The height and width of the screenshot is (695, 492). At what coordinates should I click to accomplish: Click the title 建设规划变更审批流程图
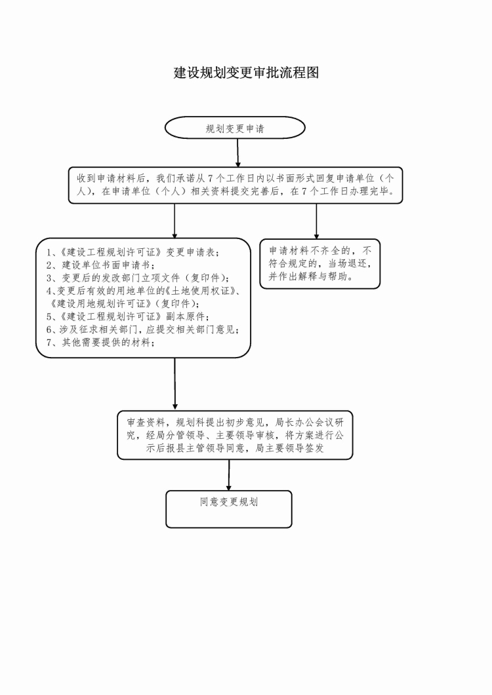[x=246, y=72]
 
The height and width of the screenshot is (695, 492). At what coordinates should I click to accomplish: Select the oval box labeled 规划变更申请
[x=235, y=128]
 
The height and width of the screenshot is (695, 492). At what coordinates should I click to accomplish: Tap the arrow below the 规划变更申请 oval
[x=237, y=153]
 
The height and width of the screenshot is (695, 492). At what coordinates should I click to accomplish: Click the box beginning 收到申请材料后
[x=236, y=185]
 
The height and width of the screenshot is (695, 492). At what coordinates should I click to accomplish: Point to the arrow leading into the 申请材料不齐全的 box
[x=316, y=221]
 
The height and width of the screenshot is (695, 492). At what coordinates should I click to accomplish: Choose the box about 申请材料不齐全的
[x=319, y=264]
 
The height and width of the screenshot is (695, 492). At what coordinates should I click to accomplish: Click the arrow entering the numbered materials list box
[x=174, y=221]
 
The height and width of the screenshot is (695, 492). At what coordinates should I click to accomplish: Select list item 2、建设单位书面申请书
[x=100, y=265]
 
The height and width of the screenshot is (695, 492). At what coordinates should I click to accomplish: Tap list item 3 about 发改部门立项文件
[x=138, y=278]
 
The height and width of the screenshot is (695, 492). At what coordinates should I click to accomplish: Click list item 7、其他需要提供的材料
[x=100, y=342]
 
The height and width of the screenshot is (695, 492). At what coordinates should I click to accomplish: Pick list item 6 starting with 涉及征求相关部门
[x=143, y=329]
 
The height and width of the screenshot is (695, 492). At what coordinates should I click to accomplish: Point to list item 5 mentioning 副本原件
[x=128, y=316]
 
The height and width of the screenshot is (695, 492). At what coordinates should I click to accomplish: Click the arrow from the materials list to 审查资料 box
[x=175, y=383]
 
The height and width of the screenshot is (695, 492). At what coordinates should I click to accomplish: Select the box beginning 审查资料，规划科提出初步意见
[x=235, y=435]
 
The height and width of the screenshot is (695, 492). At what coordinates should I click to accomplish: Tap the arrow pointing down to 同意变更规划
[x=229, y=475]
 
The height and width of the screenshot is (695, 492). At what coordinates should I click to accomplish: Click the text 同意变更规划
[x=229, y=502]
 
